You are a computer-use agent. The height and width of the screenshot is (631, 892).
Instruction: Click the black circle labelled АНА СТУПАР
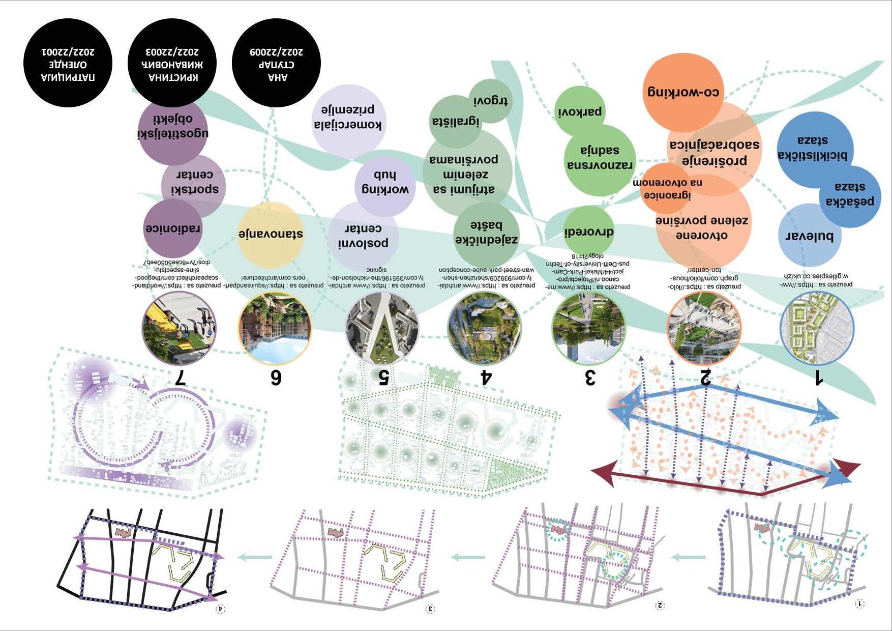[x=276, y=63]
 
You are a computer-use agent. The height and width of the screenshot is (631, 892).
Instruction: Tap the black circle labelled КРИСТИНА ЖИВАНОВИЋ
[x=172, y=63]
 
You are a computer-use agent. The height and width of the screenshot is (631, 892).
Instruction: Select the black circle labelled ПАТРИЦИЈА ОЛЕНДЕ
[x=68, y=63]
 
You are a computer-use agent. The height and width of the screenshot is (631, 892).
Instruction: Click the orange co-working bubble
[x=683, y=92]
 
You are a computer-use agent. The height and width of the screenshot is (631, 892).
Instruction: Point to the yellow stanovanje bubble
[x=270, y=235]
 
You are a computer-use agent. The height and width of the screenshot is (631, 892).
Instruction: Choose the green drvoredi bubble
[x=588, y=232]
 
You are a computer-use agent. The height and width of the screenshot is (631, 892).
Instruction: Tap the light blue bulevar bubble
[x=809, y=236]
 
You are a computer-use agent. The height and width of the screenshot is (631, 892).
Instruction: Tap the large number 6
[x=275, y=378]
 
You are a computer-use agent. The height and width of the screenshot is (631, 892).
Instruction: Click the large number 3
[x=589, y=378]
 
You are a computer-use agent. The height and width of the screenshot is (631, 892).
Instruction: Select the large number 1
[x=818, y=378]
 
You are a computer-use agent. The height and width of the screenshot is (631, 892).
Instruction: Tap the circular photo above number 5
[x=382, y=327]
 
